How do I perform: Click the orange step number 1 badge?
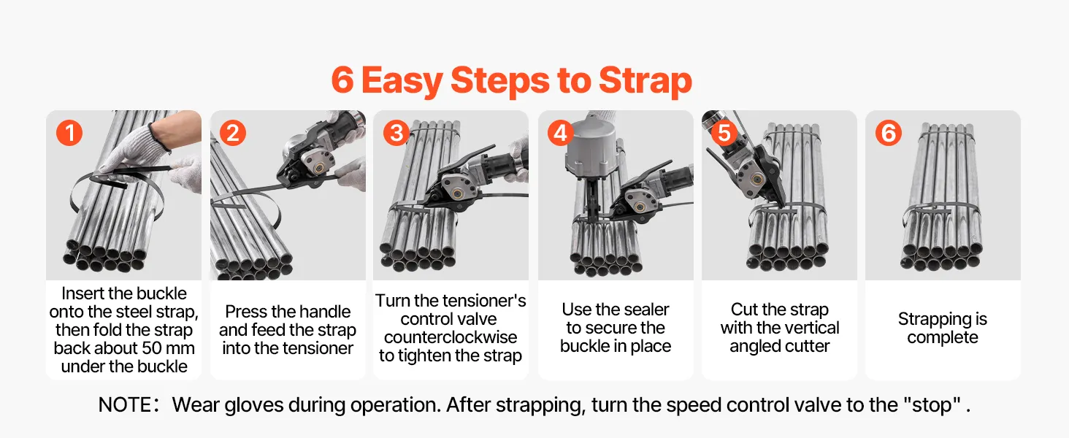pos(69,133)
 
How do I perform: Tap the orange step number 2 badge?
pos(233,133)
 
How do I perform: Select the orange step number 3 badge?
pos(396,133)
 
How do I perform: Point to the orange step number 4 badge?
pos(560,133)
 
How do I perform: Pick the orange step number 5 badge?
pos(724,133)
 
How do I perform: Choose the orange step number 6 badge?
pos(888,133)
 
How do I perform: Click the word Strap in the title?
pos(645,81)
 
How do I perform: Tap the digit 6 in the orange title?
pos(342,80)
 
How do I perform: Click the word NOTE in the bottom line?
pos(125,404)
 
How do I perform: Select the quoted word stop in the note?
pos(932,404)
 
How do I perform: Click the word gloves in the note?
pos(254,405)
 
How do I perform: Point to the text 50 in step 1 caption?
pos(152,348)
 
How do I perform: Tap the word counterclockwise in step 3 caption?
pos(450,337)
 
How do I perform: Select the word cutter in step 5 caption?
pos(806,347)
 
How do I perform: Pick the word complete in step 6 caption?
pos(943,338)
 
